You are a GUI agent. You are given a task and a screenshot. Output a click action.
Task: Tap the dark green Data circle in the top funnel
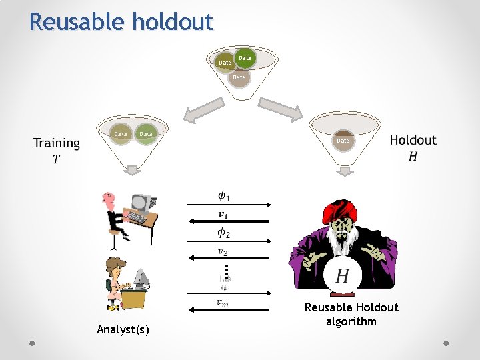245,58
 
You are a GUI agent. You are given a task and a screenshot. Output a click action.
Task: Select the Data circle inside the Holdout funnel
343,141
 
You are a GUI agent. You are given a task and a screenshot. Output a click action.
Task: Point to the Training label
57,143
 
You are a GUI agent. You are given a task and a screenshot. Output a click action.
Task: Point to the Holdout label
413,140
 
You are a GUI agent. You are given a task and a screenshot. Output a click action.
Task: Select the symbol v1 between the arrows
223,215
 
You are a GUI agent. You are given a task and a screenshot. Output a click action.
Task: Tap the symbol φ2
224,233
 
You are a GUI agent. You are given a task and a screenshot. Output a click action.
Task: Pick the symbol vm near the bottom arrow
223,303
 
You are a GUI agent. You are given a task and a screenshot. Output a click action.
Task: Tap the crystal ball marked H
343,275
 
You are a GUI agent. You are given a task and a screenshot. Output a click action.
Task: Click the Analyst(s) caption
123,329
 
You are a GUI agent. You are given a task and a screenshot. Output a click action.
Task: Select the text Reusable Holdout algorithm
351,314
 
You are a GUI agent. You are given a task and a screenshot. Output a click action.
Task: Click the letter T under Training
56,159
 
